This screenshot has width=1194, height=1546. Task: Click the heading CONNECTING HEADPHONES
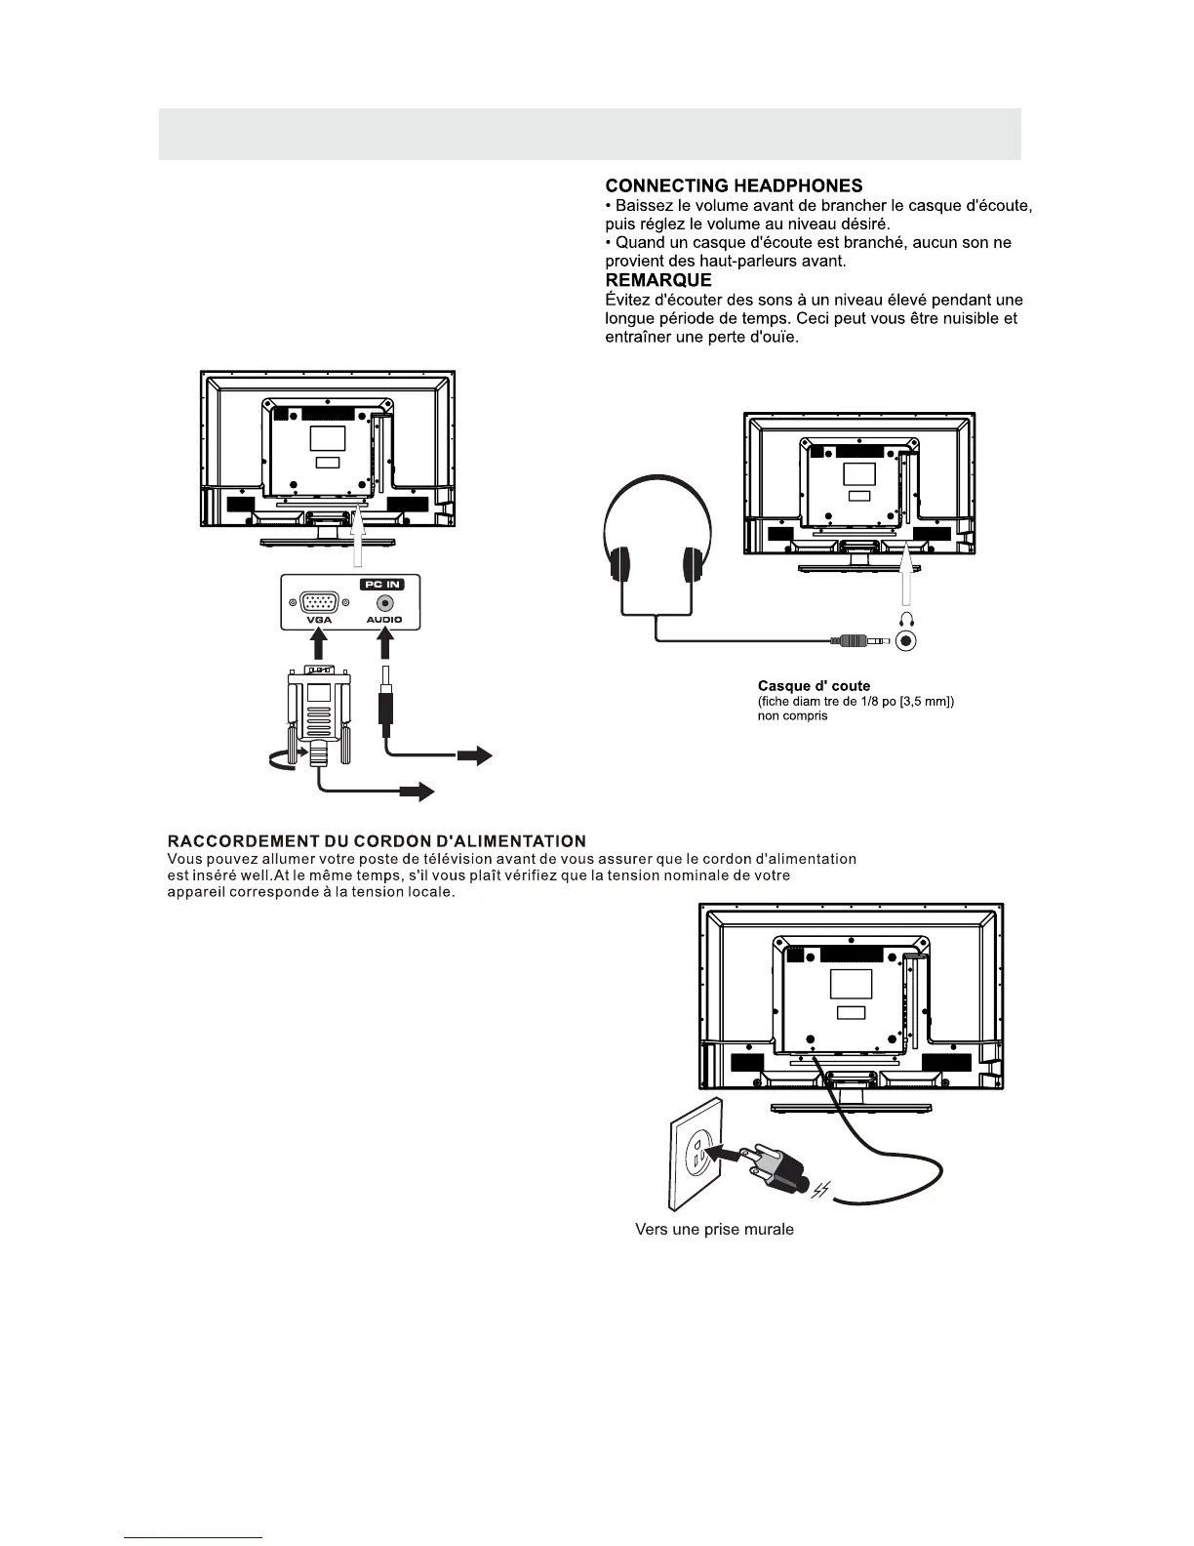[734, 185]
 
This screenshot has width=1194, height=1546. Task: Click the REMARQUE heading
[658, 280]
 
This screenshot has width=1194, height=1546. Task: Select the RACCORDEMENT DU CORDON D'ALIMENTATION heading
[377, 841]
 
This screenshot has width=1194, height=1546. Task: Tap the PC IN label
[382, 584]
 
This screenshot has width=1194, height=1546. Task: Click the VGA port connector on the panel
[318, 604]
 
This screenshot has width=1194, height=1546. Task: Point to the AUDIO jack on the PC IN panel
[384, 604]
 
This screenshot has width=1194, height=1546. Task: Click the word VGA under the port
[318, 621]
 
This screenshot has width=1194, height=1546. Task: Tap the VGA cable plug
[318, 712]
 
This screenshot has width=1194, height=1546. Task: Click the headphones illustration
[657, 547]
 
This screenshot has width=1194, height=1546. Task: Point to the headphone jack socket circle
[907, 641]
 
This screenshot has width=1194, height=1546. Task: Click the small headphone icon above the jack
[907, 617]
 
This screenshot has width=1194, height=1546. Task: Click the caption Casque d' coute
[814, 686]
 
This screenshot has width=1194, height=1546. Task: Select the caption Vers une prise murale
[714, 1230]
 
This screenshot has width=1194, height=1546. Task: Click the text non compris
[792, 716]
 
